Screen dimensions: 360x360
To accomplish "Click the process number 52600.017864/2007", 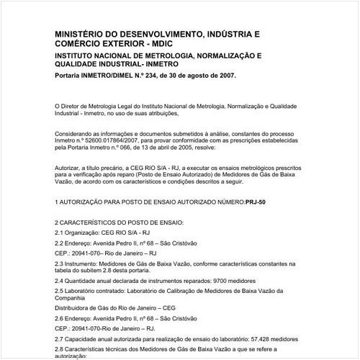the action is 116,140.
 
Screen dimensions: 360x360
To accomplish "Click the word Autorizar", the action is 69,166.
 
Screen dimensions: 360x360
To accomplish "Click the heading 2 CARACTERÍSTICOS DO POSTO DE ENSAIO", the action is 120,222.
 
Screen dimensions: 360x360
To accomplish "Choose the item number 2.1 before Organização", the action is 60,233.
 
